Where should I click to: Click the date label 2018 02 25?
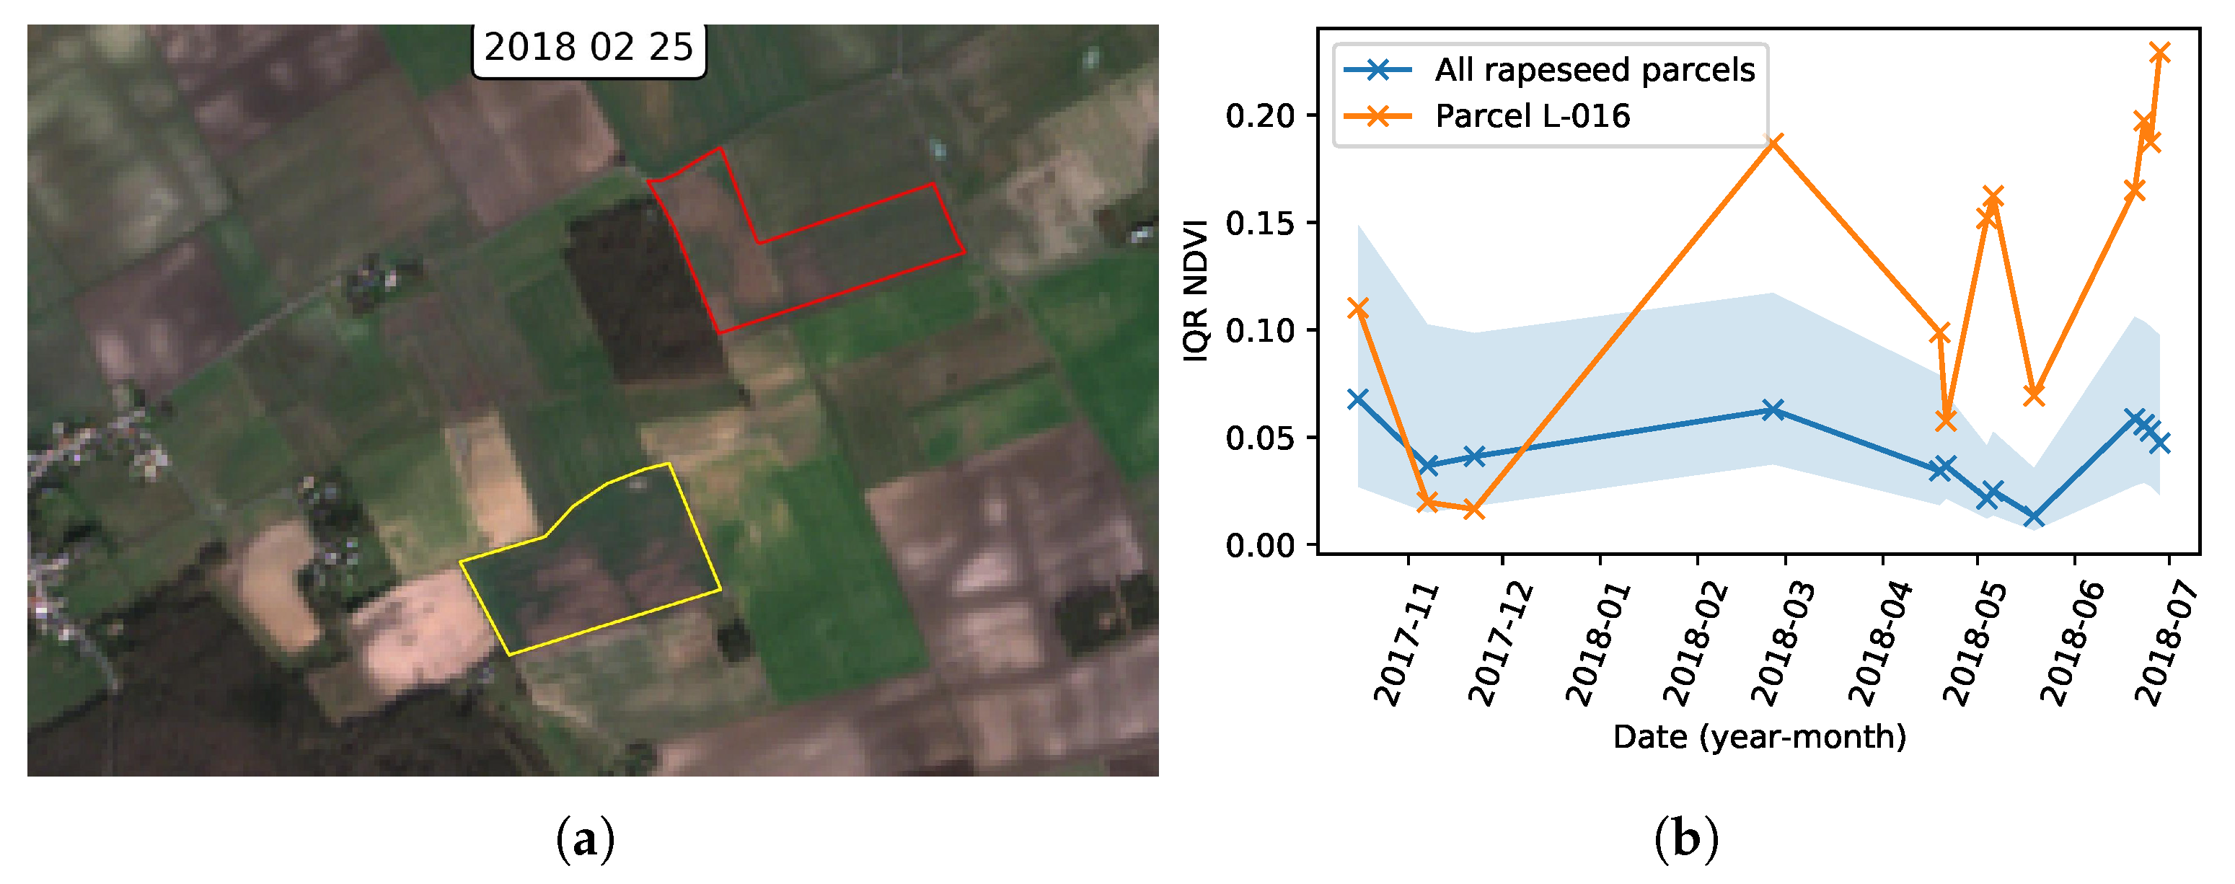pos(588,48)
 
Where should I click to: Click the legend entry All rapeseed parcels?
pos(1594,69)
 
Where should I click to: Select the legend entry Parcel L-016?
pos(1533,116)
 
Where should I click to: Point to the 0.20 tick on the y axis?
pos(1259,115)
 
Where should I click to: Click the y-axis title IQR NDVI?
pos(1196,291)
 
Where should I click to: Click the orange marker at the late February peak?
pos(1774,142)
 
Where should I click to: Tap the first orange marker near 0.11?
pos(1358,308)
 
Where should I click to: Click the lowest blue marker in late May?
pos(2033,517)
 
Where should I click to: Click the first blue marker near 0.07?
pos(1358,399)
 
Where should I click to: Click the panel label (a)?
pos(586,841)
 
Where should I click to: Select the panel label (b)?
pos(1685,841)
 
